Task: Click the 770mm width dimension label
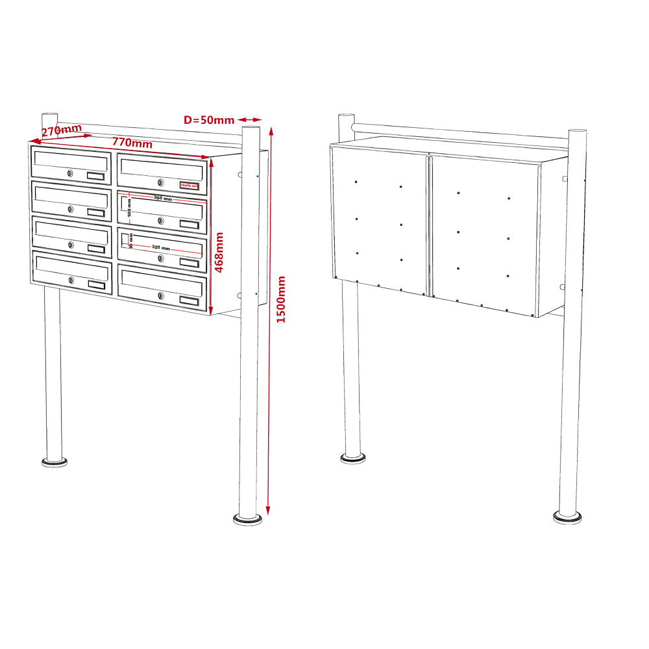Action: click(x=132, y=142)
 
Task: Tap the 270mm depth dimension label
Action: click(x=61, y=130)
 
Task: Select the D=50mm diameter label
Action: click(x=209, y=120)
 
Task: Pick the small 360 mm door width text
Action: click(x=163, y=199)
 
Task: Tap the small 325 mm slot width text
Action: click(x=161, y=248)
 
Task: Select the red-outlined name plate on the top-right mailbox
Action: click(x=190, y=186)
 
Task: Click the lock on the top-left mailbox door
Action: click(x=69, y=173)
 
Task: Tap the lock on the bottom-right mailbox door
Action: click(x=160, y=297)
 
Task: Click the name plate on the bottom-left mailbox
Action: click(x=95, y=285)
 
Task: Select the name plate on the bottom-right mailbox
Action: click(x=190, y=301)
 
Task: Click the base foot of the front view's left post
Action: click(x=54, y=462)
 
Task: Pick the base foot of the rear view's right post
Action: click(x=567, y=517)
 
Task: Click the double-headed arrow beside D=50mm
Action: click(x=249, y=119)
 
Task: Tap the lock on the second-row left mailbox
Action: click(x=69, y=209)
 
